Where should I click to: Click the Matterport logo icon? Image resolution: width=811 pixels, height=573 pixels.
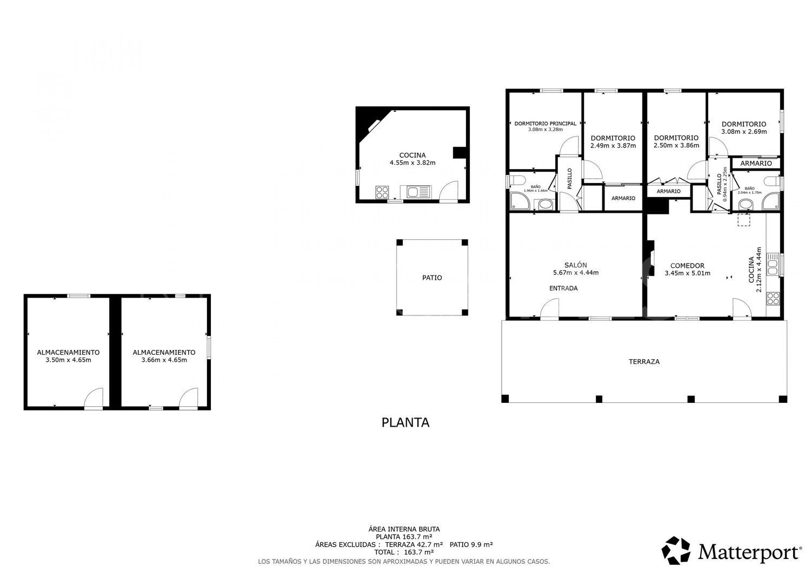pyautogui.click(x=676, y=550)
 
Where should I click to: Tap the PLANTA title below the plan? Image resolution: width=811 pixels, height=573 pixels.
pyautogui.click(x=405, y=422)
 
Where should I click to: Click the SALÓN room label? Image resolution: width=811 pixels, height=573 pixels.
pyautogui.click(x=575, y=265)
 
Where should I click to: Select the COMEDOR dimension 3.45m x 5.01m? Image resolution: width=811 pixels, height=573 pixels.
pyautogui.click(x=687, y=273)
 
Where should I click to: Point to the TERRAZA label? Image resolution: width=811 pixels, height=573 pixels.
pyautogui.click(x=644, y=361)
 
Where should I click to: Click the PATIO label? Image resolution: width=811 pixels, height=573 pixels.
pyautogui.click(x=432, y=278)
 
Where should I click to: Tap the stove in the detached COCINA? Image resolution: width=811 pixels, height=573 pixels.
pyautogui.click(x=382, y=192)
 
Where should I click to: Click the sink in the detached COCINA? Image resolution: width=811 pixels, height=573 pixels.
pyautogui.click(x=415, y=192)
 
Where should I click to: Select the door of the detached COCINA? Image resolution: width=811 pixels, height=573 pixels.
pyautogui.click(x=448, y=192)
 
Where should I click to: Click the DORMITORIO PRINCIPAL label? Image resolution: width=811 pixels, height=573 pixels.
pyautogui.click(x=545, y=123)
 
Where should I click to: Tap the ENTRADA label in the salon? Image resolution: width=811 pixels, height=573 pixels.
pyautogui.click(x=563, y=288)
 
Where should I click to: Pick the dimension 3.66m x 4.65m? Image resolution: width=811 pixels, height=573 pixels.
pyautogui.click(x=164, y=360)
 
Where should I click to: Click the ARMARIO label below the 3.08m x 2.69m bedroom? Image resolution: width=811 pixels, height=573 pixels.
pyautogui.click(x=756, y=163)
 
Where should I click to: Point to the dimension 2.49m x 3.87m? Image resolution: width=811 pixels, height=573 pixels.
pyautogui.click(x=613, y=145)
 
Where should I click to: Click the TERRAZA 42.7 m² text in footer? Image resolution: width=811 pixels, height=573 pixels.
pyautogui.click(x=414, y=544)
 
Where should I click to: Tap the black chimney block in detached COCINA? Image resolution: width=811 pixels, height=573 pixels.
pyautogui.click(x=459, y=153)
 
